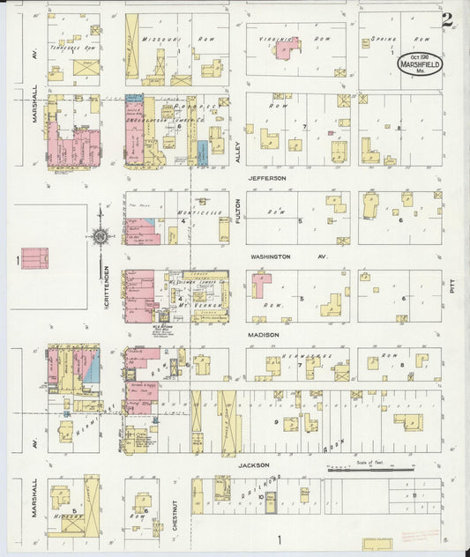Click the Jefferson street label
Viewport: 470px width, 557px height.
(266, 179)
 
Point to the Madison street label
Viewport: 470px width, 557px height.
(263, 335)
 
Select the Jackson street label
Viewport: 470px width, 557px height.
(252, 464)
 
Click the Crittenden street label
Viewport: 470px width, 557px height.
(107, 281)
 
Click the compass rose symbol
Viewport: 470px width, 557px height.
(101, 235)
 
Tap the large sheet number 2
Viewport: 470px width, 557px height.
(448, 19)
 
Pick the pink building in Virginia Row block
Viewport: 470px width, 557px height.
(287, 49)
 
